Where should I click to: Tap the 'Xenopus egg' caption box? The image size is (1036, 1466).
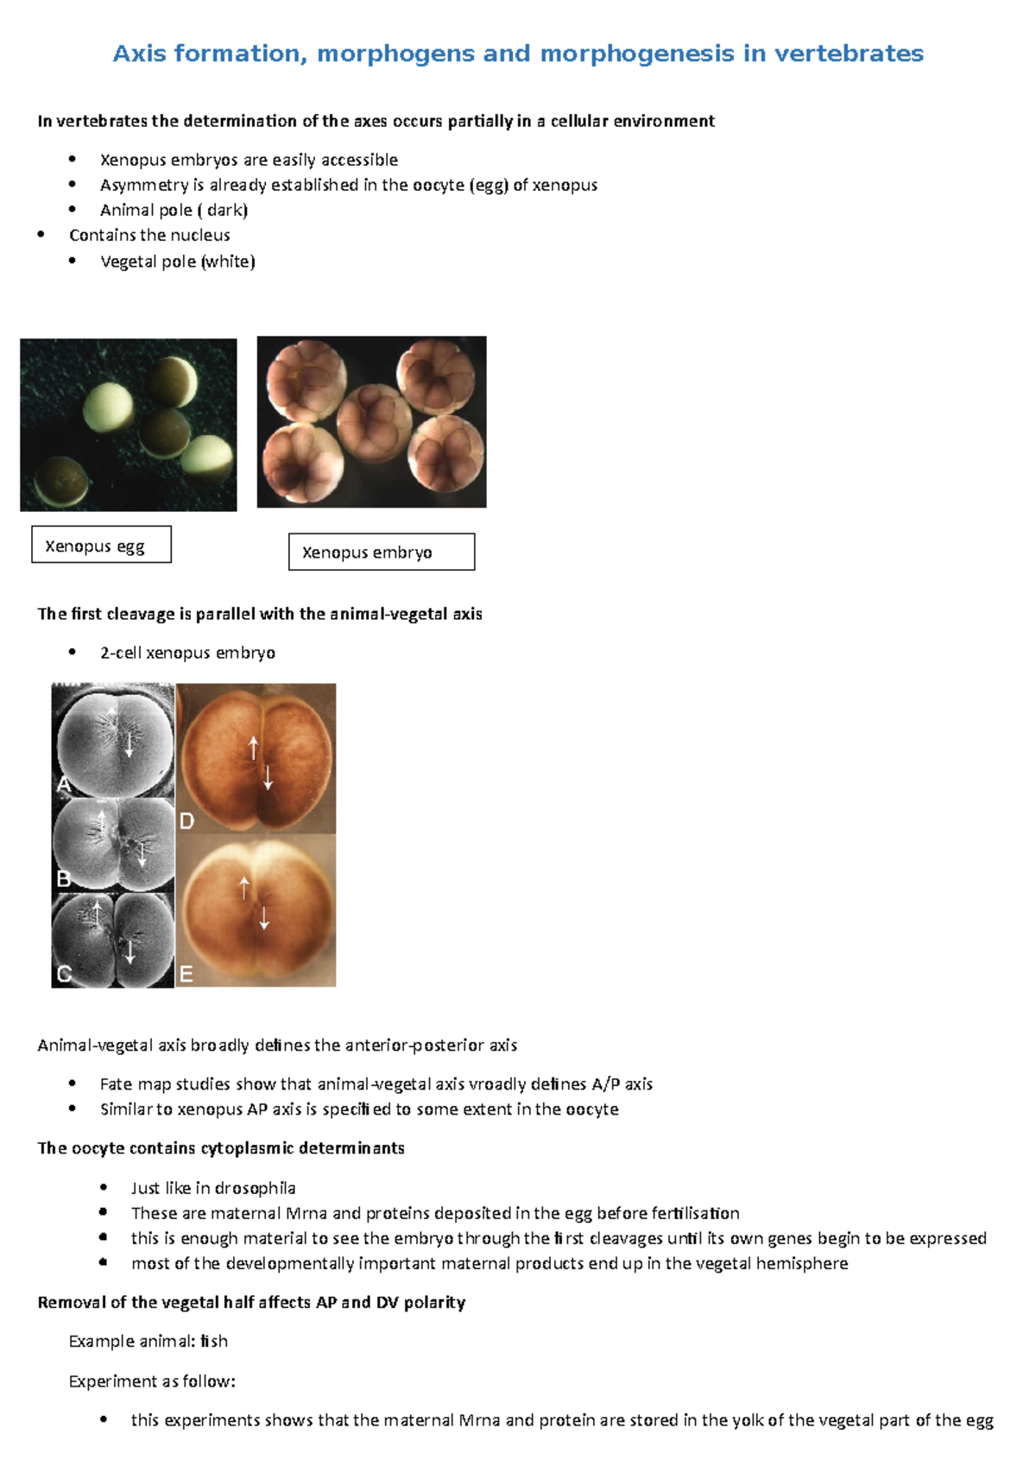pos(101,545)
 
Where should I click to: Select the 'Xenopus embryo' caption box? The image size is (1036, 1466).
pos(381,552)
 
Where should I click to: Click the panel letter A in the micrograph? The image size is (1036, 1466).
pos(64,784)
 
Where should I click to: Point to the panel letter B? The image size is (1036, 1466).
pos(63,879)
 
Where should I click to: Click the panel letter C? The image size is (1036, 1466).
pos(63,974)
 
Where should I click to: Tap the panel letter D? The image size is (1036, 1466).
pos(186,820)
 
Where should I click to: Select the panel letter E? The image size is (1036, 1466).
pos(186,975)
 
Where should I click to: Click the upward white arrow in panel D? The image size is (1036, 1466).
pos(253,747)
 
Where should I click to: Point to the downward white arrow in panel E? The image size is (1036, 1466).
pos(264,918)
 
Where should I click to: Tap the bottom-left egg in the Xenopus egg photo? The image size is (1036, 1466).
pos(60,481)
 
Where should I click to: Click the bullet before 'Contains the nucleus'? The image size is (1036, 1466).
pos(41,235)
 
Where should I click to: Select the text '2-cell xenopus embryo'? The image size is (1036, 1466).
pos(187,653)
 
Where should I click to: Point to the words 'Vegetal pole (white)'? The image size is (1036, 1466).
pos(177,262)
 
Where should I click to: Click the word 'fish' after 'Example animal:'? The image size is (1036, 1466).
pos(214,1341)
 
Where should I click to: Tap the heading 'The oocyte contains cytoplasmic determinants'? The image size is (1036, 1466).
pos(221,1148)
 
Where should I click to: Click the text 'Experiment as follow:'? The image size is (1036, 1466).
pos(152,1381)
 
